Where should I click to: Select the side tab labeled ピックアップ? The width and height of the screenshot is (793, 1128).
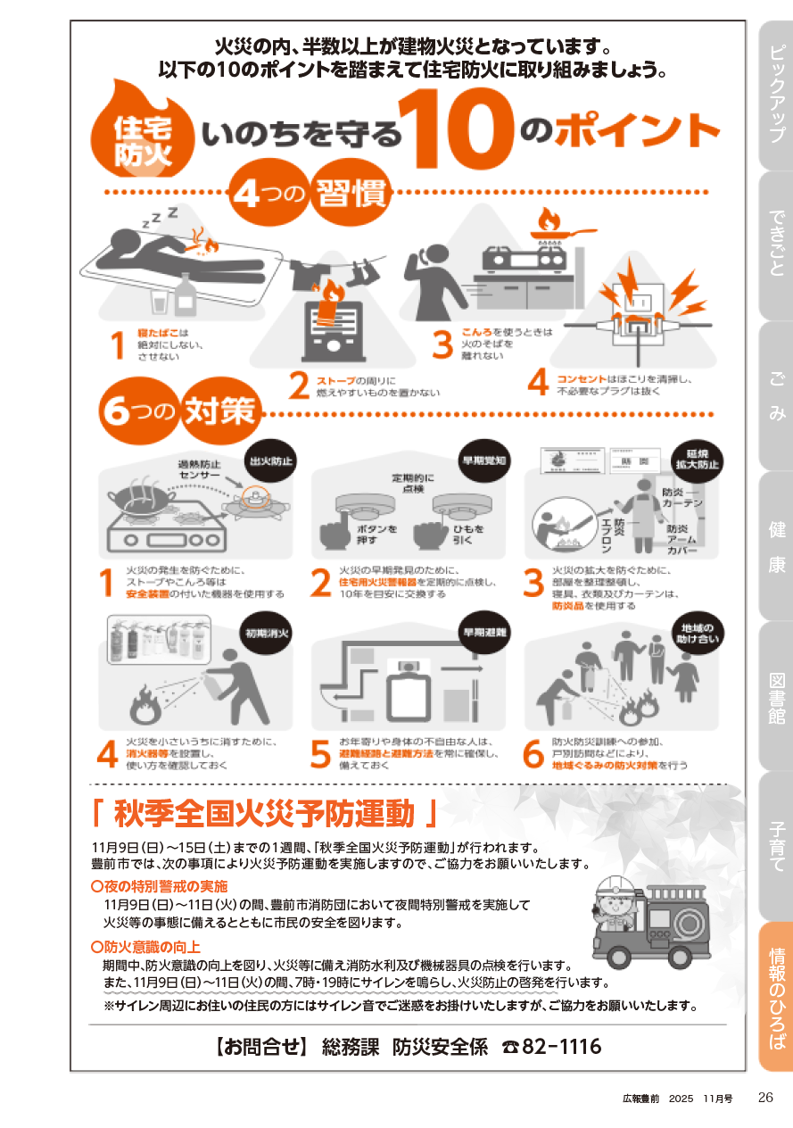tap(776, 95)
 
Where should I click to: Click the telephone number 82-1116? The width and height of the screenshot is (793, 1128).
tap(561, 1047)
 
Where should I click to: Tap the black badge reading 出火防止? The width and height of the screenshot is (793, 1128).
tap(271, 461)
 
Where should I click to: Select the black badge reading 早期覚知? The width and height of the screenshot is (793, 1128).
tap(484, 460)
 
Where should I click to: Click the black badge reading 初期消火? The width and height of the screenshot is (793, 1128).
tap(267, 633)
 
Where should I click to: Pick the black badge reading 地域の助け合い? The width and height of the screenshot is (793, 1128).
tap(698, 633)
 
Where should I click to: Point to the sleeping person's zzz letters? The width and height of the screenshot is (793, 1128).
tap(159, 217)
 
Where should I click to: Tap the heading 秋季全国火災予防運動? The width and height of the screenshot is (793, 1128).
tap(264, 814)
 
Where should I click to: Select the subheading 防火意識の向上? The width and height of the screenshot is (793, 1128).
tap(146, 947)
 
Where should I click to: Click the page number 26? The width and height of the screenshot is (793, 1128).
tap(765, 1098)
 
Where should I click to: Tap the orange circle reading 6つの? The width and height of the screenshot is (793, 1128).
tap(139, 411)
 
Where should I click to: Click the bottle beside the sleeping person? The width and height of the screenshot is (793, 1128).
tap(186, 294)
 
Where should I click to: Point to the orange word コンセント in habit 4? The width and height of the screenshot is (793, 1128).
tap(581, 379)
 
